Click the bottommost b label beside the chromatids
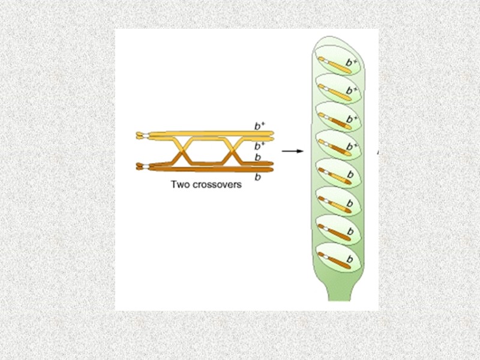point(257,177)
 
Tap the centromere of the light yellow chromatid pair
point(141,136)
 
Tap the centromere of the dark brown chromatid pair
point(141,166)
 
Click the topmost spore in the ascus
point(338,62)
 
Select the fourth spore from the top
point(338,145)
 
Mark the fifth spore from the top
point(338,173)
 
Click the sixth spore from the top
point(338,202)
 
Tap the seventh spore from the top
point(338,230)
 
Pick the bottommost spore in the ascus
point(338,258)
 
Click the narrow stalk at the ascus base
point(339,294)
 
